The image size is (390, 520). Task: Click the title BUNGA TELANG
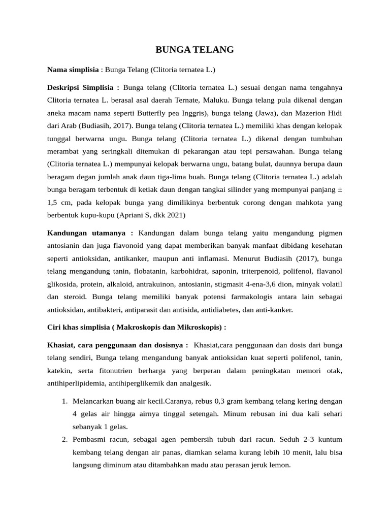[194, 50]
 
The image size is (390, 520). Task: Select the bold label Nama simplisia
[73, 70]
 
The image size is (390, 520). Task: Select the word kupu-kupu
[99, 215]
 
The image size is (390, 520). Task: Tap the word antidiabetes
[233, 310]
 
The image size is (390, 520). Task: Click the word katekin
[60, 371]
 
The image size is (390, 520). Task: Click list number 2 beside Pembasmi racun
[64, 439]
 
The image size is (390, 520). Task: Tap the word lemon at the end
[280, 465]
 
